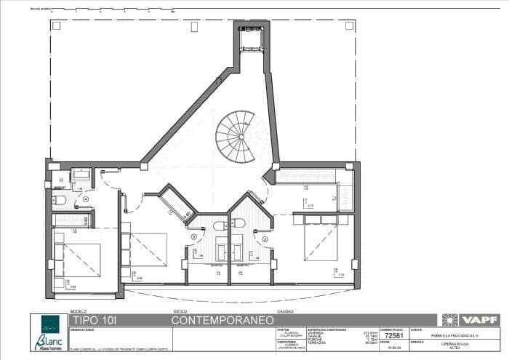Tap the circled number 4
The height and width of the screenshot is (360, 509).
coord(86,199)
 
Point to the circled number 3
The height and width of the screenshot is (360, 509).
coord(194,236)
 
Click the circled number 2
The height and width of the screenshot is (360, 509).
coord(265,239)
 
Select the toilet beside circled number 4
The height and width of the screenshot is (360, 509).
coord(60,199)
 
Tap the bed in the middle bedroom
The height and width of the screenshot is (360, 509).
coord(149,249)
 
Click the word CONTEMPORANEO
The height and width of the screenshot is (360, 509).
coord(223,320)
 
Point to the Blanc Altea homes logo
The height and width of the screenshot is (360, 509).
coord(49,332)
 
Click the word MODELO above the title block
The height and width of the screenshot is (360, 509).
coord(77,311)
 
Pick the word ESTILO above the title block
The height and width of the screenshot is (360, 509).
coord(179,311)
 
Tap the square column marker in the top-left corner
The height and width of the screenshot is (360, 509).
coord(55,25)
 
